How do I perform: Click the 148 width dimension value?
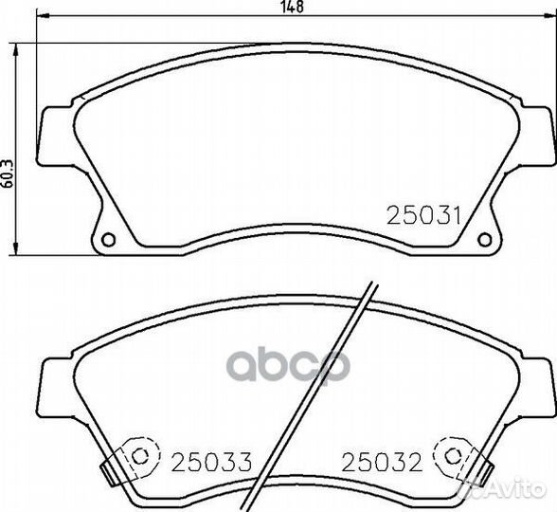pos(293,7)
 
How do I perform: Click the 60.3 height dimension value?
pos(8,174)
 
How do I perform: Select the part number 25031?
pos(423,216)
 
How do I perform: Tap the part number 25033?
pos(212,462)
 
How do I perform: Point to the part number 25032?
pos(382,462)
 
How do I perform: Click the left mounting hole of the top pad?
pos(108,239)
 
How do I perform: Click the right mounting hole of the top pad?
pos(485,239)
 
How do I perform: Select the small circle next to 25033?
pos(139,456)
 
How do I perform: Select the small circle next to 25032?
pos(452,456)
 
